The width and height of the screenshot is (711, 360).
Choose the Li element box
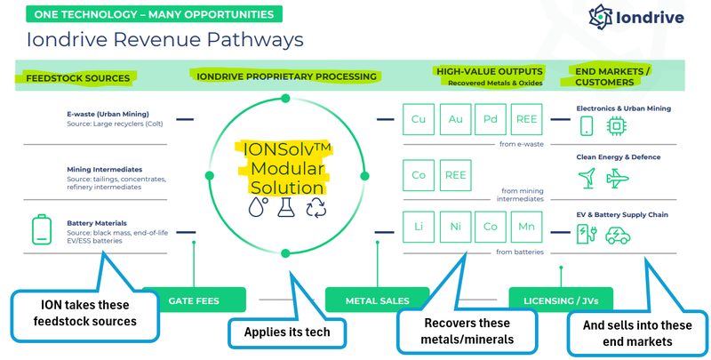click(419, 228)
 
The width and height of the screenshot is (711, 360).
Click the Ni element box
click(455, 228)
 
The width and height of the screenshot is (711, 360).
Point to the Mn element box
click(527, 228)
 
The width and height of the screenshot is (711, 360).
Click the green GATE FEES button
click(193, 300)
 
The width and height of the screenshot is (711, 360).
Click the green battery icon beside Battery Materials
click(41, 231)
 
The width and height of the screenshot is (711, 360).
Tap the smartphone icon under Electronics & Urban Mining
click(587, 127)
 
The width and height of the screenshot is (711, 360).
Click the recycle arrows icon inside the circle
click(316, 210)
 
